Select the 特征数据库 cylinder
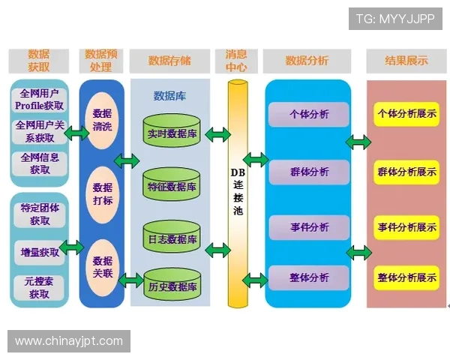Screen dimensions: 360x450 tap(172, 186)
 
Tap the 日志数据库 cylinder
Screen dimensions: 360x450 tap(172, 239)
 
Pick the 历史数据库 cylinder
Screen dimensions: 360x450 tap(172, 286)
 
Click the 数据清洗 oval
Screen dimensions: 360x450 tap(102, 120)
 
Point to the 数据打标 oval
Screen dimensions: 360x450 tap(102, 193)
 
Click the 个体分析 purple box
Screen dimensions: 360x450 tap(308, 115)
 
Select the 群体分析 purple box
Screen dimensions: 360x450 tap(308, 172)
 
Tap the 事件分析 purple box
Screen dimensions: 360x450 tap(308, 226)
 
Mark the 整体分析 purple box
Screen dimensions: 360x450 tap(308, 277)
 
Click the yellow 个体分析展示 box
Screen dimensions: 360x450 tap(406, 115)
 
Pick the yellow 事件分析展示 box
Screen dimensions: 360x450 tap(406, 227)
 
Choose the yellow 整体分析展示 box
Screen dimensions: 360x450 tap(406, 277)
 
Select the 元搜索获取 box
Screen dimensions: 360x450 tap(40, 288)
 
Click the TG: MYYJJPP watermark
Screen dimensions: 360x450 tap(394, 19)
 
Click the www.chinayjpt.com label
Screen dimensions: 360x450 tap(69, 341)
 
